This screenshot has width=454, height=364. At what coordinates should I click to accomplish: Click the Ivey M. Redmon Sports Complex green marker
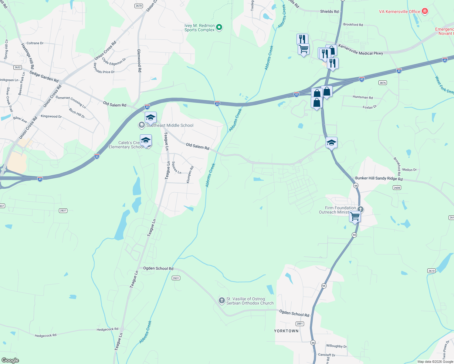[219, 28]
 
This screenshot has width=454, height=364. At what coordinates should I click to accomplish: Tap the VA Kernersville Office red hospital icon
[425, 12]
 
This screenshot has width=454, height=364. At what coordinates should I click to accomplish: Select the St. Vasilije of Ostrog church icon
[222, 301]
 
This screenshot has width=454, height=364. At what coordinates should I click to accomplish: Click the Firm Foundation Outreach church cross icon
[360, 209]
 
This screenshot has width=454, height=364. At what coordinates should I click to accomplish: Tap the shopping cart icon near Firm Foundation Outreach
[355, 217]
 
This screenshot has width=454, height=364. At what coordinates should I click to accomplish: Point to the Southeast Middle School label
[170, 125]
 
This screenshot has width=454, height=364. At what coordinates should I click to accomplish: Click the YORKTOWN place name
[286, 331]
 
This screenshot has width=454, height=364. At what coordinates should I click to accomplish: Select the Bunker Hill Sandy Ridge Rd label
[379, 178]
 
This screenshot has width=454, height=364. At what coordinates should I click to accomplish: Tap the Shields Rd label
[329, 12]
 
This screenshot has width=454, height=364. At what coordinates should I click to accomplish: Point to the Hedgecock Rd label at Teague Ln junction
[107, 329]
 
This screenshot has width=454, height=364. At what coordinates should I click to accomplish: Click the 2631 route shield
[176, 278]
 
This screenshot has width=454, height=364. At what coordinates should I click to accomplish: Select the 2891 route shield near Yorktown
[300, 324]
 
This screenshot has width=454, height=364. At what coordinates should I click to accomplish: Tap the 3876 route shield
[383, 83]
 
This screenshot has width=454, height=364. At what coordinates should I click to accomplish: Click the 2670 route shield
[139, 6]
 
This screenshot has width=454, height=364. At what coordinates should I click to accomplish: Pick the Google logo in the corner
[10, 360]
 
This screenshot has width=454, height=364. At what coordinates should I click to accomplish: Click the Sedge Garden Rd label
[44, 76]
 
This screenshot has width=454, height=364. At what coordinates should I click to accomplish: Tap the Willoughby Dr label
[336, 346]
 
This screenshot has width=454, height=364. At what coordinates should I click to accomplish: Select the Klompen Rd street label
[190, 175]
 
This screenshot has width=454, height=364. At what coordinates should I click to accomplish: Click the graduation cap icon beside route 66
[331, 143]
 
